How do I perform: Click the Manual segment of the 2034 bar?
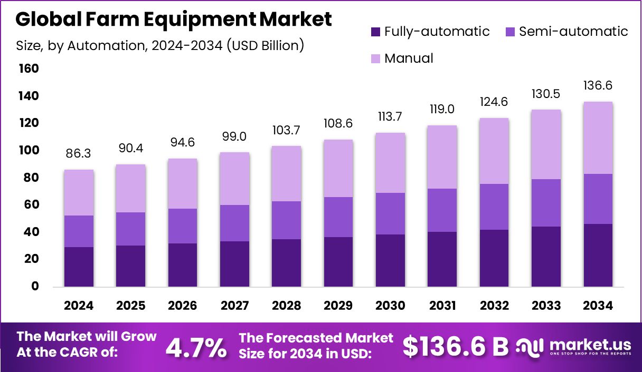coord(598,138)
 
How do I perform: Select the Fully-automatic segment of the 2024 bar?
coord(79,267)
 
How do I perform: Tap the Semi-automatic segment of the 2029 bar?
coord(338,217)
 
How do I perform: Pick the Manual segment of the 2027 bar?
coord(234,179)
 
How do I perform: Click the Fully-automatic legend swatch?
coord(375,32)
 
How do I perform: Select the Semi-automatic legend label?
coord(573,32)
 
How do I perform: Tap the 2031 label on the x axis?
coord(442,306)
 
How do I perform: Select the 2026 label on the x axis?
coord(183,306)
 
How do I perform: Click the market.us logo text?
coord(590,345)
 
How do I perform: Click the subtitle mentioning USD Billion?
coord(160,45)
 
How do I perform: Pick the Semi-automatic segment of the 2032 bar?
coord(494,207)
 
